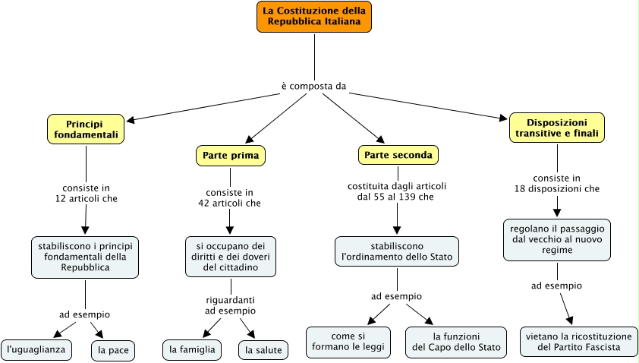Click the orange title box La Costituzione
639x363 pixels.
(x=314, y=17)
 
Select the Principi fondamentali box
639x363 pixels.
(x=85, y=129)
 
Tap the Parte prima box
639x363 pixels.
(x=231, y=156)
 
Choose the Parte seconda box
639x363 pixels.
(x=398, y=156)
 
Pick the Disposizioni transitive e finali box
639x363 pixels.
(x=556, y=128)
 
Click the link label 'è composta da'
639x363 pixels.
(x=313, y=86)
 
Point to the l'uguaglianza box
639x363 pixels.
(x=36, y=349)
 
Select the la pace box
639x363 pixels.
(x=112, y=350)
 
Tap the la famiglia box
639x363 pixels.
(x=193, y=349)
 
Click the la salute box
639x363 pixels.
(x=263, y=350)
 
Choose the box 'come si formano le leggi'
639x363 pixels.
(x=348, y=342)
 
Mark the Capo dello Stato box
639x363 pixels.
(x=455, y=342)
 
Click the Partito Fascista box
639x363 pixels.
(x=578, y=342)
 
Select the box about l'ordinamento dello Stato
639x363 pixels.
(x=397, y=252)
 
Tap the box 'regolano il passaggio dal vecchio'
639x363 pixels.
(x=556, y=240)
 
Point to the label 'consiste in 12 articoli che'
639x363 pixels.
(x=85, y=194)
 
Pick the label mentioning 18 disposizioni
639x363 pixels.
(x=556, y=183)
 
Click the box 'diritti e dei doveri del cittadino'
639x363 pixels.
(x=230, y=257)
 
